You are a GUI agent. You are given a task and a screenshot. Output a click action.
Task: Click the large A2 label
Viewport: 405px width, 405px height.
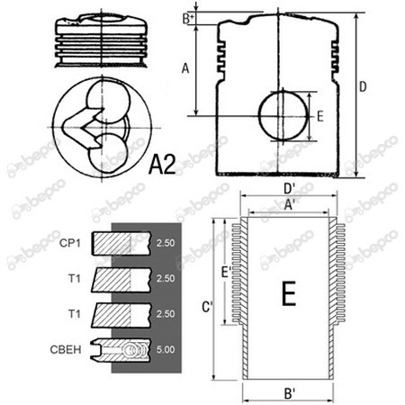[x=162, y=165]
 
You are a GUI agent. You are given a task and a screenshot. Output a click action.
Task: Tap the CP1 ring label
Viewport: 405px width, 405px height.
[x=70, y=243]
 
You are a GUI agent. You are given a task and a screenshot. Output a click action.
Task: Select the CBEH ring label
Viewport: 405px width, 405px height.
[x=66, y=349]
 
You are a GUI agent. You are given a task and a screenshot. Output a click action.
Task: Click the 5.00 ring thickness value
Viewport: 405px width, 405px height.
[x=166, y=349]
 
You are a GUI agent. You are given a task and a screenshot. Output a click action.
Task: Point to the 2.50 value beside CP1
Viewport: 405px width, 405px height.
[x=166, y=243]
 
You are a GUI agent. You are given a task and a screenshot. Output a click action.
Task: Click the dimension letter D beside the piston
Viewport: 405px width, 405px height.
[x=363, y=87]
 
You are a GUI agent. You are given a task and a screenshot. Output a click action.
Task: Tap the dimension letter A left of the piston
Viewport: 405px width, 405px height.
[x=185, y=68]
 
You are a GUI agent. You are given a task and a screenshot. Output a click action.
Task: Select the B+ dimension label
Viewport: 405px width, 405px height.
[x=188, y=19]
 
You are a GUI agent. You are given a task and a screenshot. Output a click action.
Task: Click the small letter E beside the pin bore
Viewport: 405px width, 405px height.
[x=320, y=116]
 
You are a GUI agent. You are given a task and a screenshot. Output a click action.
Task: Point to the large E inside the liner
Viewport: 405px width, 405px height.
[x=289, y=293]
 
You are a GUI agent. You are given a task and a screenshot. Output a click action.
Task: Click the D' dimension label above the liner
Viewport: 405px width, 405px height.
[x=289, y=189]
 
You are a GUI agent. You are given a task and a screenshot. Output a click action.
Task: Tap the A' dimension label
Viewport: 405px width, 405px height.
[x=289, y=205]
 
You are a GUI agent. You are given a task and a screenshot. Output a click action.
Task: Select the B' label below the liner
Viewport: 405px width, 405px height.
[x=289, y=394]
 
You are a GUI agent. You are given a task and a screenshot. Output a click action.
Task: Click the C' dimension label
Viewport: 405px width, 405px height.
[x=207, y=307]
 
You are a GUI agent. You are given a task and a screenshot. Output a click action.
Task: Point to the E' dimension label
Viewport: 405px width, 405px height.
[x=226, y=273]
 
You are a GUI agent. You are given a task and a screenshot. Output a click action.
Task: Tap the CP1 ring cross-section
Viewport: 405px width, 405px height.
[x=121, y=243]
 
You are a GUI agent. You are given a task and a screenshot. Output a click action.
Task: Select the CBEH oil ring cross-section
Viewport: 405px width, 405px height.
[x=121, y=350]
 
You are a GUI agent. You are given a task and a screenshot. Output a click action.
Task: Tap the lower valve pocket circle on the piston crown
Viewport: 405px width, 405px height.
[x=108, y=152]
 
